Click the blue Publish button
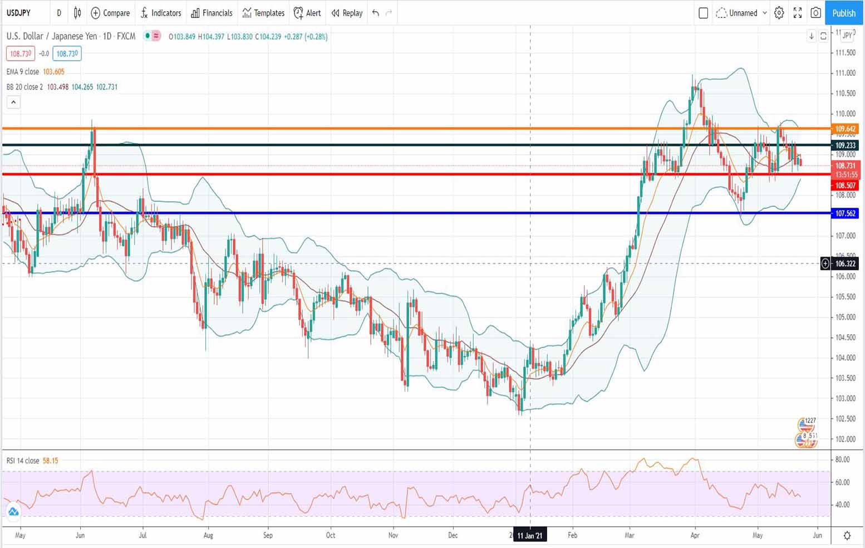pyautogui.click(x=843, y=13)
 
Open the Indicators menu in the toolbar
pyautogui.click(x=161, y=13)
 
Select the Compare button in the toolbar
pyautogui.click(x=110, y=13)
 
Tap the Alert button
pyautogui.click(x=307, y=13)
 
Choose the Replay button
pyautogui.click(x=347, y=13)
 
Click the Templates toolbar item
pyautogui.click(x=263, y=13)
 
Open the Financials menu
pyautogui.click(x=212, y=13)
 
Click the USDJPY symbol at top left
pyautogui.click(x=18, y=13)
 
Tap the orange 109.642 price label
pyautogui.click(x=845, y=129)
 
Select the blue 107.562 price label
pyautogui.click(x=845, y=213)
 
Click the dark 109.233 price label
pyautogui.click(x=845, y=145)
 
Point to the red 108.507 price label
pyautogui.click(x=845, y=185)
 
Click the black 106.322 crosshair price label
pyautogui.click(x=845, y=263)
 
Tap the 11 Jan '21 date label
pyautogui.click(x=529, y=535)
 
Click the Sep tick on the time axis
pyautogui.click(x=268, y=535)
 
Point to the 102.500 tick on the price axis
pyautogui.click(x=845, y=419)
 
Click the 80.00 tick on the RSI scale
pyautogui.click(x=842, y=459)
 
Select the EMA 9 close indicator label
pyautogui.click(x=23, y=72)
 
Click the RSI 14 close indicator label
pyautogui.click(x=23, y=461)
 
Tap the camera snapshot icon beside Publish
pyautogui.click(x=815, y=13)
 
